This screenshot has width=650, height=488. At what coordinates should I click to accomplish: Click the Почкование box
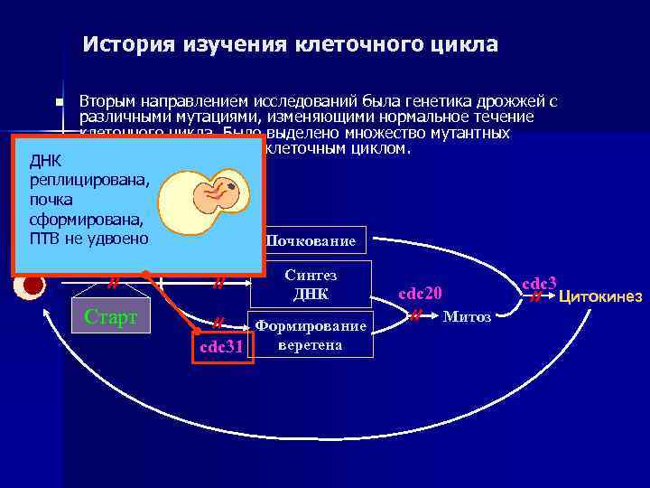311,241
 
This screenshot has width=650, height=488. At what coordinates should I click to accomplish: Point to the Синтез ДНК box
311,285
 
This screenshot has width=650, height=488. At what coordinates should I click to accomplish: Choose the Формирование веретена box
311,335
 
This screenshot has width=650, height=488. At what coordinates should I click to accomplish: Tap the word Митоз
467,316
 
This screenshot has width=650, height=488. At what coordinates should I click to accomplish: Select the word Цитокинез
600,296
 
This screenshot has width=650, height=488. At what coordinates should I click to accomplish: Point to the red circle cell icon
33,286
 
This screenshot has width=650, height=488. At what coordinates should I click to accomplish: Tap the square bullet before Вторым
59,103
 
